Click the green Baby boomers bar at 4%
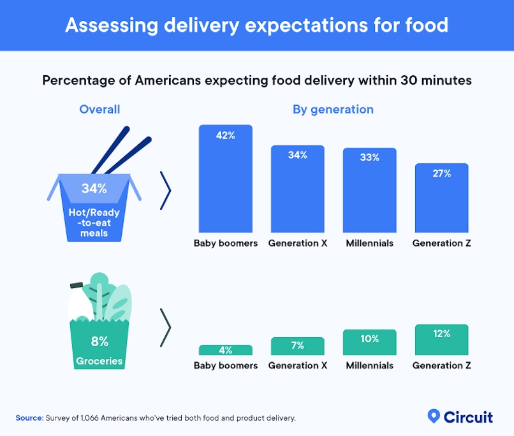226,350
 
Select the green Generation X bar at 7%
298,346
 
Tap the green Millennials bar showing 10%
370,342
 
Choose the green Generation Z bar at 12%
442,340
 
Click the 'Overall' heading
99,110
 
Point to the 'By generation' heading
333,110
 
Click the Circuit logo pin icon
434,416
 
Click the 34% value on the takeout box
94,189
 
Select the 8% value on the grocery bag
99,342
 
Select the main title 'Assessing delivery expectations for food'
256,25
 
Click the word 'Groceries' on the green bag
99,361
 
